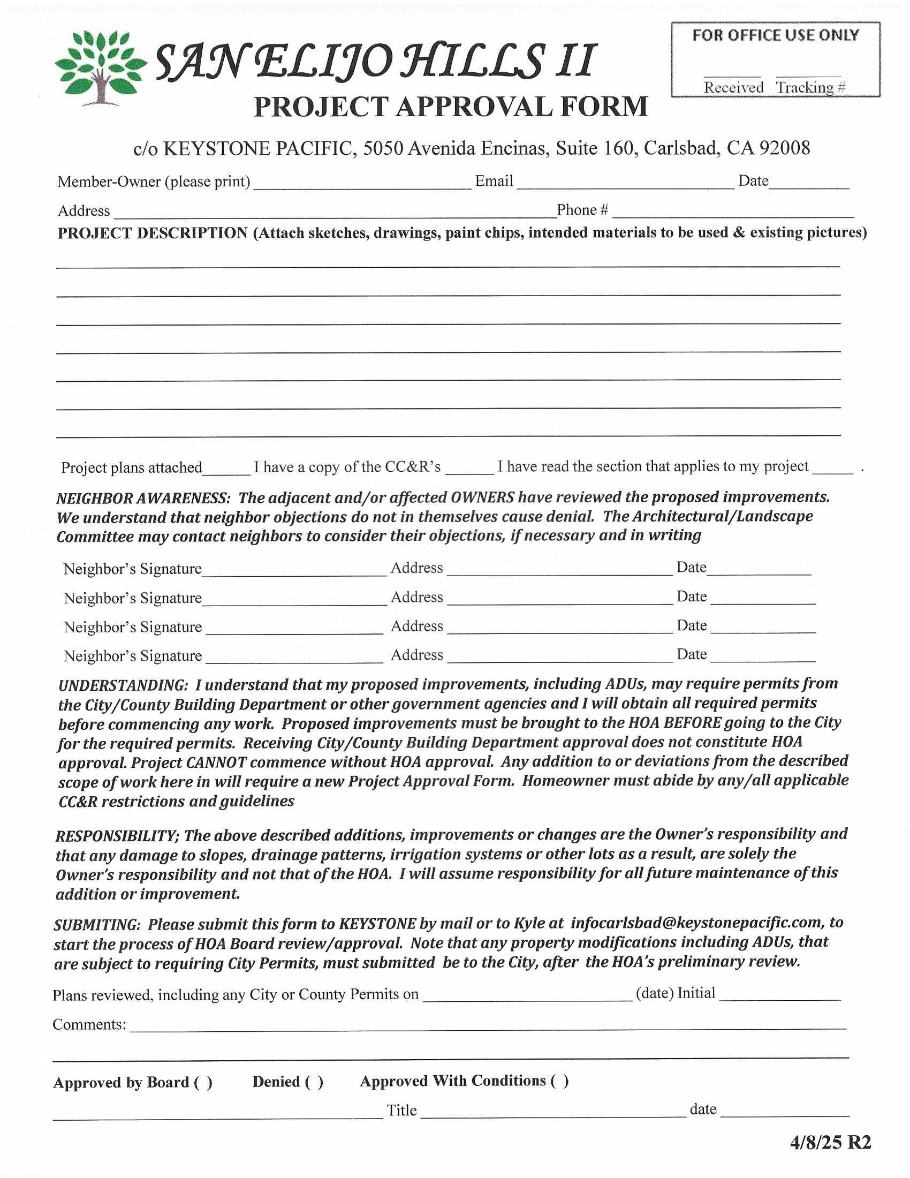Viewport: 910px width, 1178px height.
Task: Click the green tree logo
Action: pos(100,67)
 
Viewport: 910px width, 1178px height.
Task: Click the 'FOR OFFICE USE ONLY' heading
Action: pos(775,35)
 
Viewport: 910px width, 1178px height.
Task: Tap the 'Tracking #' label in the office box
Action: pos(810,87)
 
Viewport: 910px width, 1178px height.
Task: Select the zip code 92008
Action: pos(784,148)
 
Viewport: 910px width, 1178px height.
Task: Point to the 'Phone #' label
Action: pos(582,210)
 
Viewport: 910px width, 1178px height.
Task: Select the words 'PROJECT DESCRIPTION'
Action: pos(153,233)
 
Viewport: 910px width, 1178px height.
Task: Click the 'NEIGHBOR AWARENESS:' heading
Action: pos(143,498)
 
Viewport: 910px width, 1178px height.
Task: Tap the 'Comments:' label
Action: pos(89,1024)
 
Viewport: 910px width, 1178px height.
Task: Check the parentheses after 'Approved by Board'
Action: pos(203,1083)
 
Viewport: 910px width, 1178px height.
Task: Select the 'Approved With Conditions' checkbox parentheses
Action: pos(559,1081)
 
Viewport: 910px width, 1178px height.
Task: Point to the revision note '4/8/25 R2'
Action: pos(830,1143)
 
